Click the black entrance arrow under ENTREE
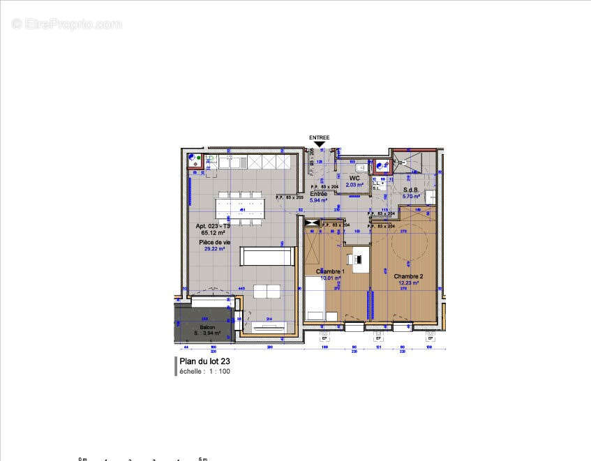[320, 144]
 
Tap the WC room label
[354, 179]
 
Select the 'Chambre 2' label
[408, 276]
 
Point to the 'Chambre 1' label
[330, 271]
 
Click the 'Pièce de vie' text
[213, 241]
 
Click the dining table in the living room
[241, 206]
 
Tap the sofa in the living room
[266, 256]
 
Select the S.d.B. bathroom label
[410, 190]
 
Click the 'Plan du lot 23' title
[205, 362]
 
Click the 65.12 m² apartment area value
[212, 232]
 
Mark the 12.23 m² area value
[408, 283]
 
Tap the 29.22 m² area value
[213, 248]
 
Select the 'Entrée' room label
[318, 194]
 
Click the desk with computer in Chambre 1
[358, 259]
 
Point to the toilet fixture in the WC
[362, 168]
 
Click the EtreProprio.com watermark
[67, 24]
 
